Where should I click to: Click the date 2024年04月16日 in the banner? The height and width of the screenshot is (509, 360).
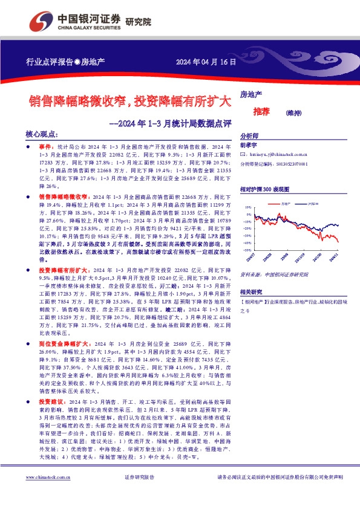pyautogui.click(x=205, y=62)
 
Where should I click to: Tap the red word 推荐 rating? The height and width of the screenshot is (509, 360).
pyautogui.click(x=262, y=111)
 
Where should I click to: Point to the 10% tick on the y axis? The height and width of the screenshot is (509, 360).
pyautogui.click(x=249, y=207)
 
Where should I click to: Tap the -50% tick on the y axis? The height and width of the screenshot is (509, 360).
pyautogui.click(x=248, y=249)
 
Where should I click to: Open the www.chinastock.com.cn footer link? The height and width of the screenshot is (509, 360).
pyautogui.click(x=49, y=493)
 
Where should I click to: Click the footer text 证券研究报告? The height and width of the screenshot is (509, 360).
pyautogui.click(x=139, y=494)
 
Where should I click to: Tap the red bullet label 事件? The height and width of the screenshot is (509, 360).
pyautogui.click(x=46, y=147)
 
